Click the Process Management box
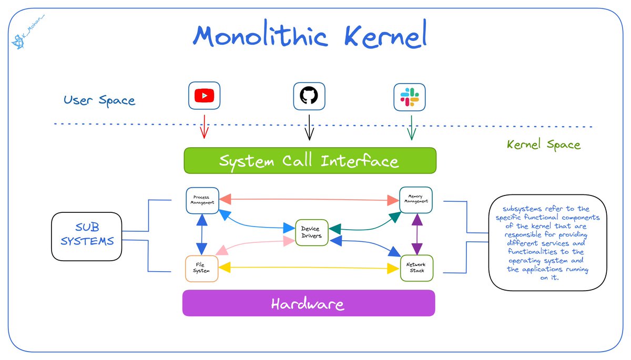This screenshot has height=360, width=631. [x=202, y=200]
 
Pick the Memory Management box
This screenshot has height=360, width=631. [x=416, y=200]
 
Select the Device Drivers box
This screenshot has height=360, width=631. [x=311, y=232]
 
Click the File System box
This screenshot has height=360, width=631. [x=201, y=268]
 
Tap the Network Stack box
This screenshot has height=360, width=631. [x=416, y=268]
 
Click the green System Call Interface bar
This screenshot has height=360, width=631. [x=309, y=160]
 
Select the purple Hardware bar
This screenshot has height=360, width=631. [x=308, y=303]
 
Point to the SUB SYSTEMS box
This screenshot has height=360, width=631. [x=87, y=234]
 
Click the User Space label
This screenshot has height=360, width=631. [x=99, y=100]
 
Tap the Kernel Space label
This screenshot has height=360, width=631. [x=543, y=145]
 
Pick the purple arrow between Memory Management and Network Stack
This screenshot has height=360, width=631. [x=416, y=234]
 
